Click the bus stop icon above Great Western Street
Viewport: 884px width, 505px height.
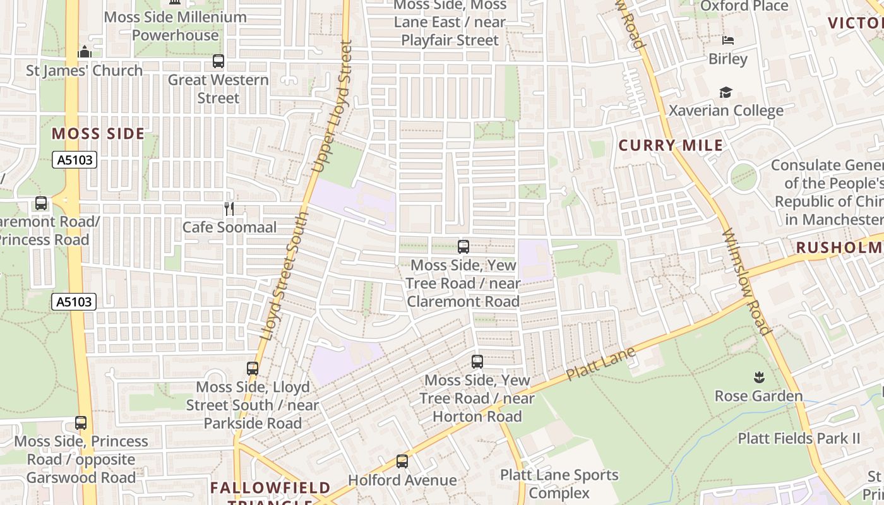[x=218, y=61]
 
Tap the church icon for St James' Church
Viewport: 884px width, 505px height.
[x=85, y=52]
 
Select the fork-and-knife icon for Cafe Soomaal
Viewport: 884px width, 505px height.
[x=229, y=208]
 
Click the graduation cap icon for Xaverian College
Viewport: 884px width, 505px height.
[x=726, y=92]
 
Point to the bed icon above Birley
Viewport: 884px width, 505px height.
[x=728, y=40]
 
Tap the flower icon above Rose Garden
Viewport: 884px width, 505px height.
[x=758, y=377]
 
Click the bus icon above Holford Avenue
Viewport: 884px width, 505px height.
[x=402, y=461]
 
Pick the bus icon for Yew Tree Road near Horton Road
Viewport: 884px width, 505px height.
[x=477, y=362]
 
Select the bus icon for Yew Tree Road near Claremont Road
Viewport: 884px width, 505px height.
[x=463, y=247]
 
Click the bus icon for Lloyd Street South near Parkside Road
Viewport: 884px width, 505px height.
[x=253, y=368]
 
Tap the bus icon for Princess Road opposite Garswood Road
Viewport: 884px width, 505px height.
[x=81, y=423]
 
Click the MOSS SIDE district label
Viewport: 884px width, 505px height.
[x=98, y=134]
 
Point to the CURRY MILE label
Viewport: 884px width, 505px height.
[x=671, y=145]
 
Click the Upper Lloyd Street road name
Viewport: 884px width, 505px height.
[x=333, y=107]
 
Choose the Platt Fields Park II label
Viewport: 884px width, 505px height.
[x=799, y=438]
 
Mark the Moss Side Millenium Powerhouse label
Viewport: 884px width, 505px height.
[x=175, y=26]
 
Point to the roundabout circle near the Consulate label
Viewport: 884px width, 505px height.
[x=743, y=177]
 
